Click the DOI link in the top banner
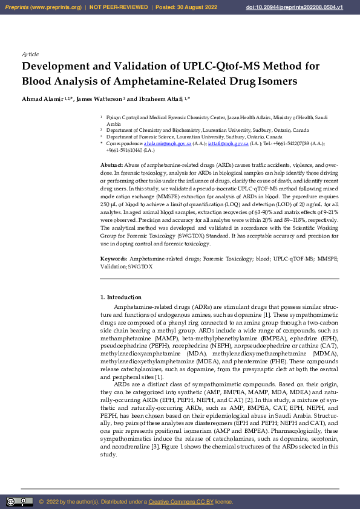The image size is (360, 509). pos(312,7)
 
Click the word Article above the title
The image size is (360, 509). pos(30,54)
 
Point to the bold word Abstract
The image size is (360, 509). pos(111,165)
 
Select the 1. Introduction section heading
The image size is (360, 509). pos(120,297)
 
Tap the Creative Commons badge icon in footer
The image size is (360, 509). pos(19,502)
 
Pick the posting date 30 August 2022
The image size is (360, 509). pos(194,7)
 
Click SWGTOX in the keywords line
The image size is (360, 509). pos(140,266)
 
